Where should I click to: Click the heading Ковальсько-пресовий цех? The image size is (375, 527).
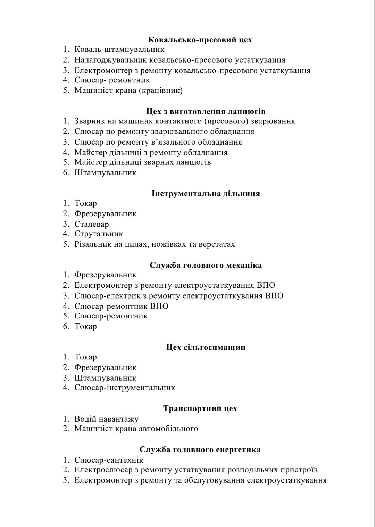click(x=200, y=40)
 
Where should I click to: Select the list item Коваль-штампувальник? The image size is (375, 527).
click(x=119, y=50)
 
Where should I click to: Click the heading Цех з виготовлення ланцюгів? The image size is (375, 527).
click(x=206, y=111)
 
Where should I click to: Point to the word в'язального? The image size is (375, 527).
click(x=175, y=142)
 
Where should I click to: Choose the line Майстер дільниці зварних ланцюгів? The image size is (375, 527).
click(x=142, y=162)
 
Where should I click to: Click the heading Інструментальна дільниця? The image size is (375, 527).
click(x=206, y=193)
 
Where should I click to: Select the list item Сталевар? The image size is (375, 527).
click(x=91, y=224)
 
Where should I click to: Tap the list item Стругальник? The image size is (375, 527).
click(x=99, y=234)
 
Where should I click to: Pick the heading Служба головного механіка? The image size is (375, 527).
click(x=206, y=265)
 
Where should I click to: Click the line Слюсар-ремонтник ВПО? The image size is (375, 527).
click(x=121, y=306)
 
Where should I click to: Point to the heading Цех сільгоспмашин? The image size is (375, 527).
click(x=206, y=347)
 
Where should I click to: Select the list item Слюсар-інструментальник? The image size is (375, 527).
click(x=125, y=388)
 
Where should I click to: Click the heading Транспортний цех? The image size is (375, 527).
click(x=200, y=408)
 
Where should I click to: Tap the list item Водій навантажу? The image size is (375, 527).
click(x=106, y=419)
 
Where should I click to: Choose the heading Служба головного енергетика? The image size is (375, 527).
click(x=200, y=449)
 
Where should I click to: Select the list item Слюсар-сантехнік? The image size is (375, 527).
click(x=109, y=460)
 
